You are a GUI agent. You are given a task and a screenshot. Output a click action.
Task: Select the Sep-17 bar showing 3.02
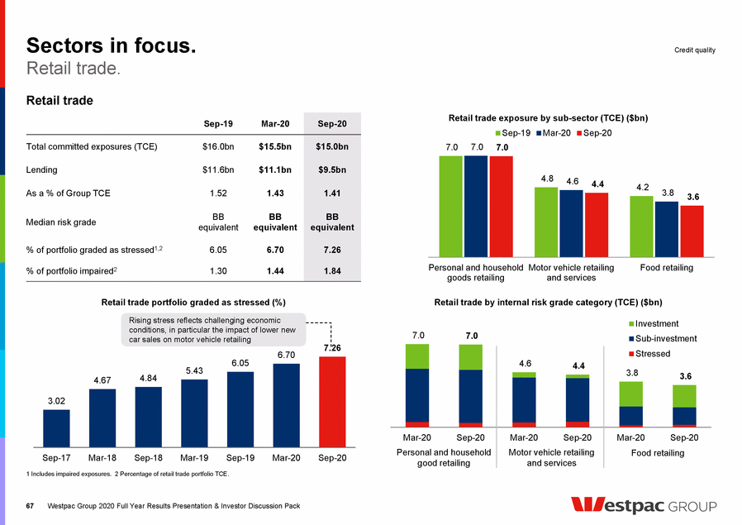(56, 427)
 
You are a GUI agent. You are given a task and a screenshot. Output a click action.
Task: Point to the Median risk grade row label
(62, 222)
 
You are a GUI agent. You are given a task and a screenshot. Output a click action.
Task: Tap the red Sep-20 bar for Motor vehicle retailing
(596, 225)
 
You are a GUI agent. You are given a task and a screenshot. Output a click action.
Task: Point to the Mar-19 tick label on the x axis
(194, 457)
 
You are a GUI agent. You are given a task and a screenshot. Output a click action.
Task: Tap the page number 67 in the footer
(31, 505)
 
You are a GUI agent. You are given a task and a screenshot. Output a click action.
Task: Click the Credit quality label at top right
(694, 50)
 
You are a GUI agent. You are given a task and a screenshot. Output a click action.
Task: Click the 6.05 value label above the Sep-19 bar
(240, 363)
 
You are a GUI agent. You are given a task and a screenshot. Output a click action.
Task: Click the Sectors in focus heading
(112, 45)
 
